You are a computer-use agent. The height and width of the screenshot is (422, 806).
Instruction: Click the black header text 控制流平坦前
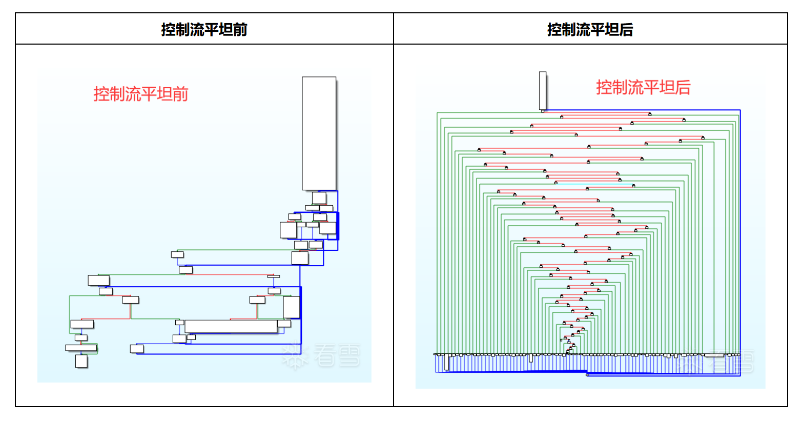(204, 29)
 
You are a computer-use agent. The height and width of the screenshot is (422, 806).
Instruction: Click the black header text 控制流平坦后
(590, 29)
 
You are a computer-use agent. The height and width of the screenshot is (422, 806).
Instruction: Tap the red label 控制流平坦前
(141, 94)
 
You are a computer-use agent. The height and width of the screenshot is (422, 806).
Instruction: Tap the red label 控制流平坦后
(643, 87)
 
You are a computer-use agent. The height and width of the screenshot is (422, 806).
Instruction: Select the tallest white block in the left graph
(319, 133)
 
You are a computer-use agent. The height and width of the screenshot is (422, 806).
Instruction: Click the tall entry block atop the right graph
(543, 90)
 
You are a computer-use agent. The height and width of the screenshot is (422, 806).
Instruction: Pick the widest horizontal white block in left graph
(231, 326)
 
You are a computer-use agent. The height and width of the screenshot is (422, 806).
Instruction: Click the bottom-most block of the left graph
(81, 361)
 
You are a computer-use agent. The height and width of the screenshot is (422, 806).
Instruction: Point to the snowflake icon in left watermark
(295, 357)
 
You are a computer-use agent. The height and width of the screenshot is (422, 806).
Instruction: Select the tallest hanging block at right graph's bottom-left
(447, 362)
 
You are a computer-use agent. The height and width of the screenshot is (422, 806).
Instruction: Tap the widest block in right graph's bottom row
(714, 355)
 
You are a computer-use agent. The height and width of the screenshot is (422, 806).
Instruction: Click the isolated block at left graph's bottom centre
(137, 349)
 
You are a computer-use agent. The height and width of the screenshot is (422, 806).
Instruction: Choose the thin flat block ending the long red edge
(274, 276)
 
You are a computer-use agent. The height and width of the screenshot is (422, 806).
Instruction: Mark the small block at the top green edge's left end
(177, 254)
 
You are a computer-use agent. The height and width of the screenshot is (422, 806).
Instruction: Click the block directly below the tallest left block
(319, 197)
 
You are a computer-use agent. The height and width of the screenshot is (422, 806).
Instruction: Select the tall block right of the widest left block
(291, 307)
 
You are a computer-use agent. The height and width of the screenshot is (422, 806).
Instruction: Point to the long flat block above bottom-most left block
(81, 348)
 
